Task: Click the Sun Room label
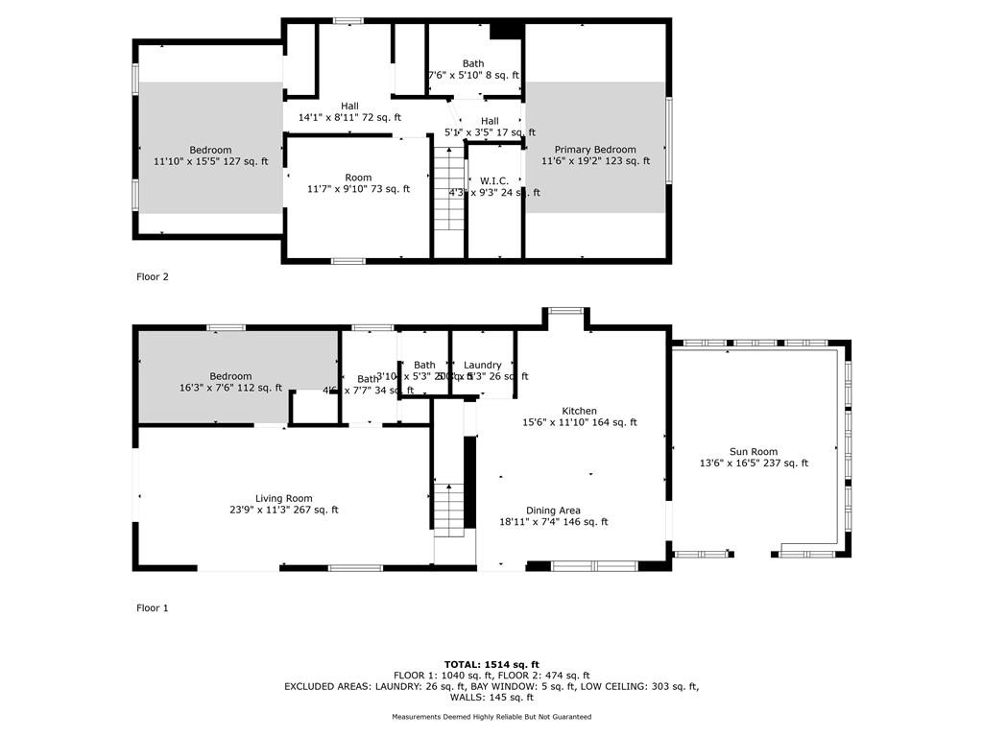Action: tap(754, 451)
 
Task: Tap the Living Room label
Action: tap(283, 498)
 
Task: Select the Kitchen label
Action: tap(579, 411)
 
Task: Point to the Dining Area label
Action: tap(553, 511)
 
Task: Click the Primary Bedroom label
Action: tap(595, 150)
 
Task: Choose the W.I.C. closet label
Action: tap(494, 180)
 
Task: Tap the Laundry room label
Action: tap(482, 365)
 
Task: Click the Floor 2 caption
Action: tap(153, 276)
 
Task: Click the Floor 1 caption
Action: tap(153, 607)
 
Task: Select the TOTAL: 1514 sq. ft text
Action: tap(491, 664)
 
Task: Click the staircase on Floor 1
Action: tap(448, 509)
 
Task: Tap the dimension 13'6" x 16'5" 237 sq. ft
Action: tap(754, 464)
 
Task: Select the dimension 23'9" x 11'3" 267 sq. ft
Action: tap(283, 511)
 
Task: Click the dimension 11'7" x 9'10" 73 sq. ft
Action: tap(358, 189)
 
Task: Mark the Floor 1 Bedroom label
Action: tap(230, 376)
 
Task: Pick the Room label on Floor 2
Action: tap(358, 178)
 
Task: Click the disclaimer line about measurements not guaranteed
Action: tap(491, 717)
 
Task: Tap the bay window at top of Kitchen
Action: tap(565, 311)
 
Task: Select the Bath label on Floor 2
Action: tap(472, 63)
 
